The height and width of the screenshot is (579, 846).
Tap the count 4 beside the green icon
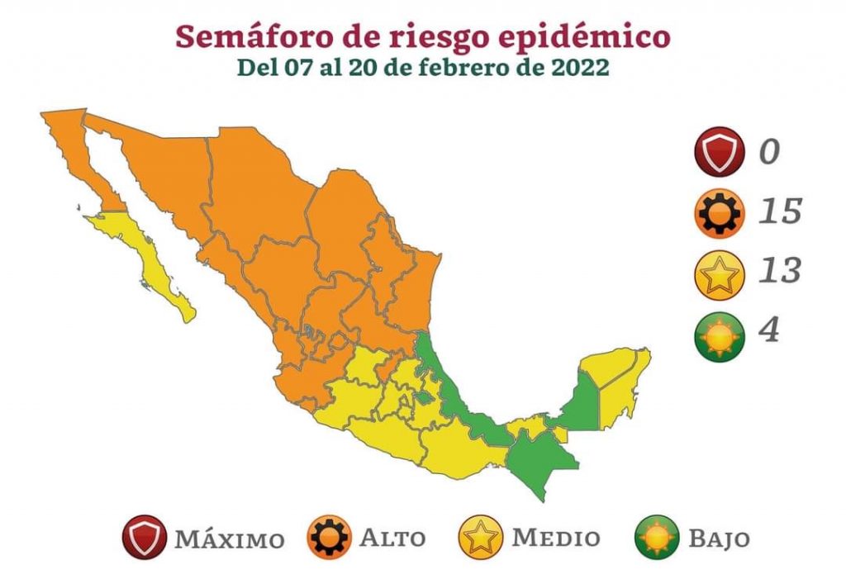coord(769,330)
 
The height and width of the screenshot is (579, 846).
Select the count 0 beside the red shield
coord(769,152)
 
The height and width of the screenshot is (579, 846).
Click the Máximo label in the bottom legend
coord(229,539)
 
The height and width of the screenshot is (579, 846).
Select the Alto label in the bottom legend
coord(392,539)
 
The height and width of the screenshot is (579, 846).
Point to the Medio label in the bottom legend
coord(556,539)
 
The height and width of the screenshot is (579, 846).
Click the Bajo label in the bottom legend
coord(719,539)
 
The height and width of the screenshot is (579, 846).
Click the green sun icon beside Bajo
coord(656,537)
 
